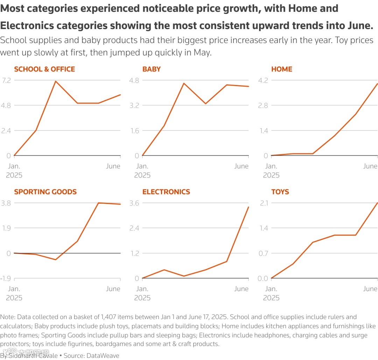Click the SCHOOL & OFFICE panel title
tap(44, 69)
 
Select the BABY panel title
tap(152, 69)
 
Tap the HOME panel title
tap(282, 69)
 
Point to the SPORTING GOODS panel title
tap(45, 192)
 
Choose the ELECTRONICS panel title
tap(166, 192)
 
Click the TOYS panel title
tap(280, 192)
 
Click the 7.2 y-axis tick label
tap(8, 80)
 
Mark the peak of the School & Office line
tap(56, 81)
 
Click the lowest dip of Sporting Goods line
tap(56, 260)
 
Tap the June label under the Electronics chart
tap(241, 289)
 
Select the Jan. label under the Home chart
tap(271, 166)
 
